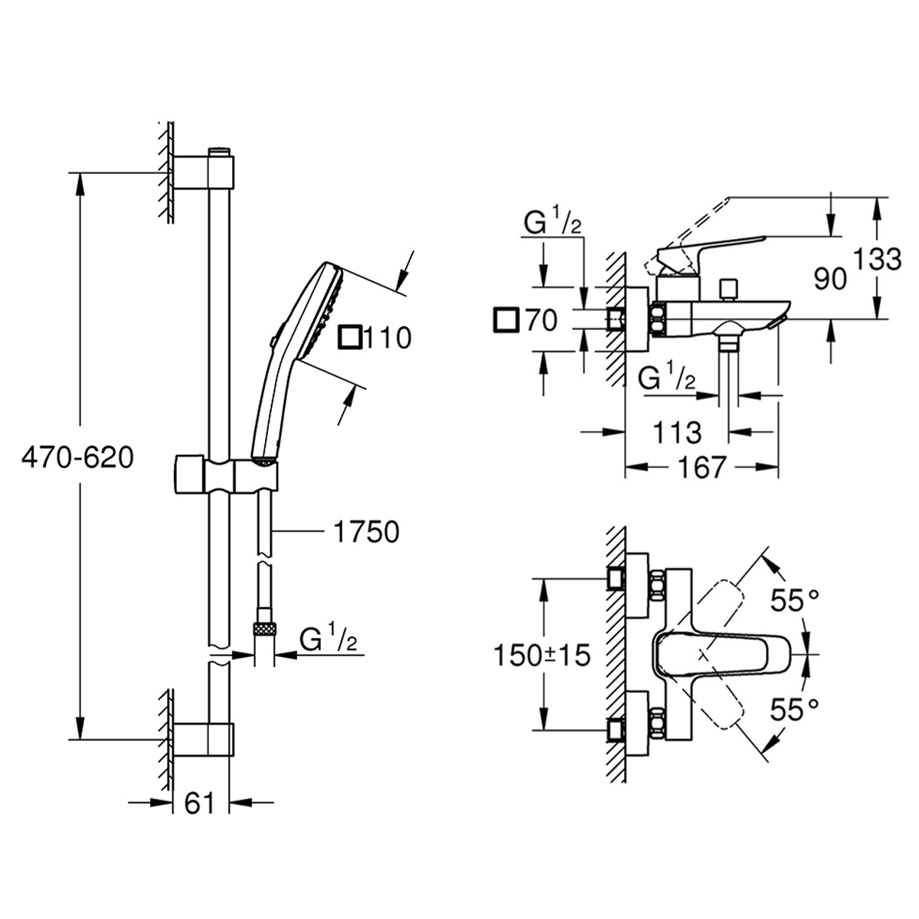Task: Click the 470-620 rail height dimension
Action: click(x=77, y=458)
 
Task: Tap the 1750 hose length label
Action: click(x=367, y=531)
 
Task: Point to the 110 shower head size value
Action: click(x=388, y=337)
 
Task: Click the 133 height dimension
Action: click(x=879, y=260)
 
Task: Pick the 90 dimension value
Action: click(x=831, y=279)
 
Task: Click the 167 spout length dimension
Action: click(x=702, y=466)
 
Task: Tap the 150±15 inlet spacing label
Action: click(x=542, y=656)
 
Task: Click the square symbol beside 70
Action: click(x=505, y=320)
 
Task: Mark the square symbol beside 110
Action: click(x=351, y=337)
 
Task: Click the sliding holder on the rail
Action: click(x=225, y=475)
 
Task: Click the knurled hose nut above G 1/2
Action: click(x=264, y=629)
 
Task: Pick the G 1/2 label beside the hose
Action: click(x=327, y=639)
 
